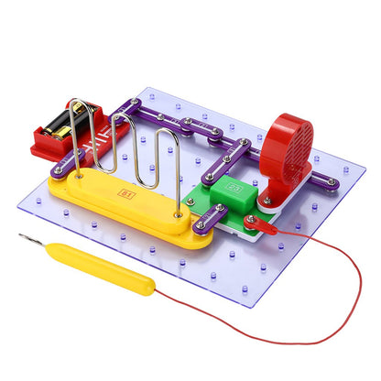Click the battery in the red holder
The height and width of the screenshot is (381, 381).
point(71,122)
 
